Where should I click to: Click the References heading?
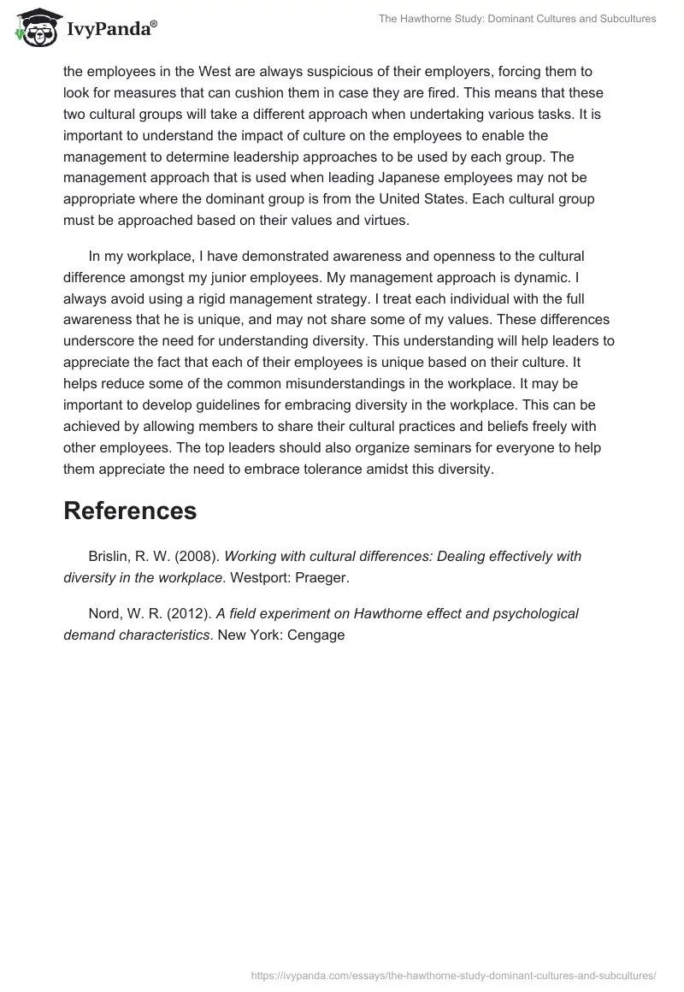[x=130, y=511]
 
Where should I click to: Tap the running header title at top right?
[x=517, y=18]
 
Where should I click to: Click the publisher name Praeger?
[x=322, y=578]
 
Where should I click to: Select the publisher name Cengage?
[x=316, y=635]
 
